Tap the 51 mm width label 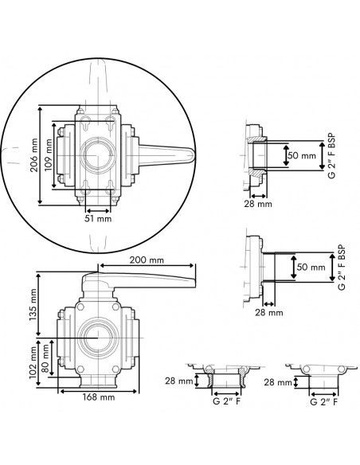click(100, 217)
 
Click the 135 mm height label click(33, 303)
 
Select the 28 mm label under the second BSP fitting click(268, 313)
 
